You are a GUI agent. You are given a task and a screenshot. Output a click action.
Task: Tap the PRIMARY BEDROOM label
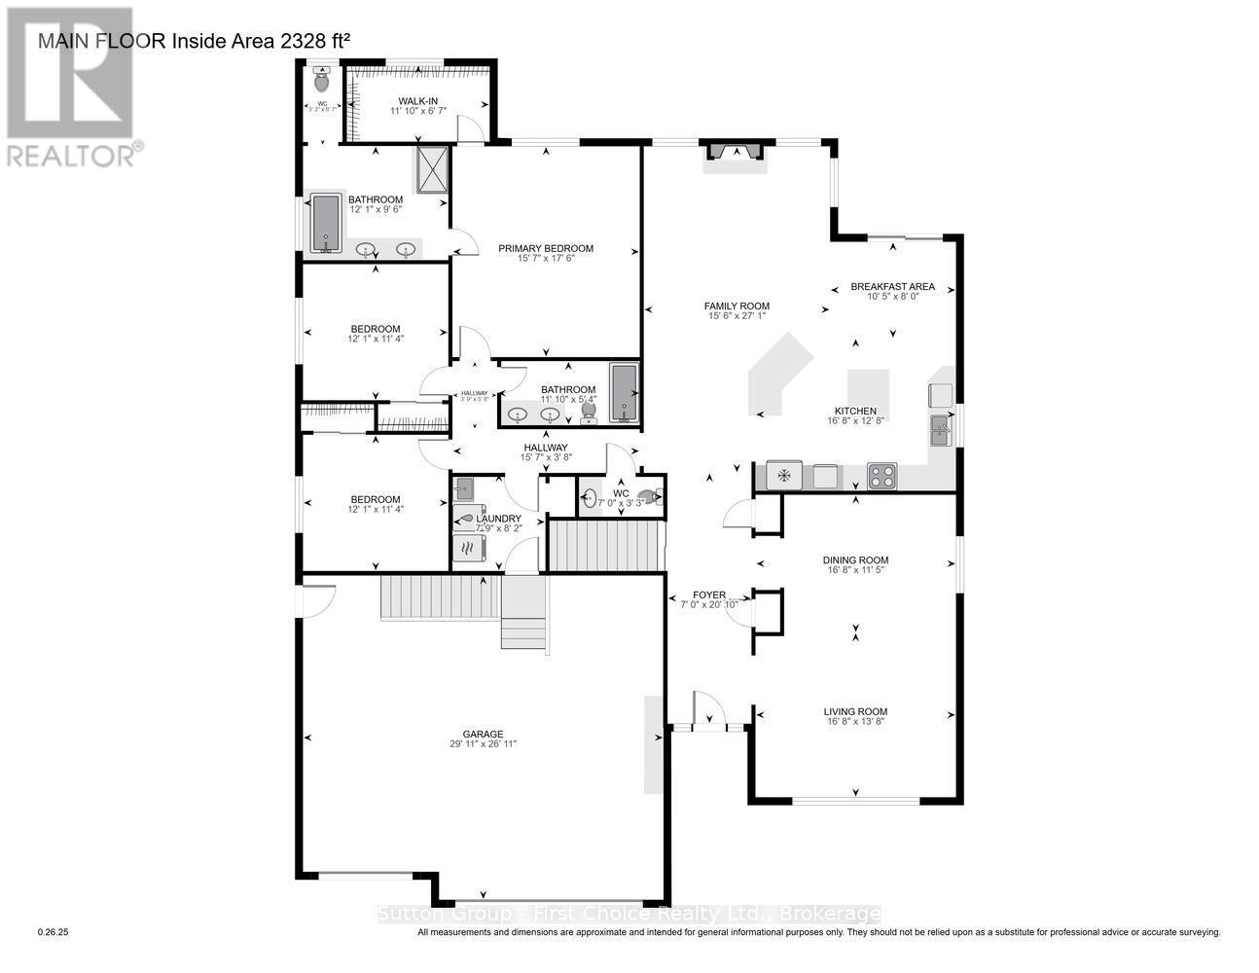tap(545, 248)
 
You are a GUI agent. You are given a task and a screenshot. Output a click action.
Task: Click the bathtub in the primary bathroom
tap(325, 223)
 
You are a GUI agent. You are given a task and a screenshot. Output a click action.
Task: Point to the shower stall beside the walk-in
tap(432, 170)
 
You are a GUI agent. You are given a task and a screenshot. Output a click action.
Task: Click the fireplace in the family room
tap(735, 153)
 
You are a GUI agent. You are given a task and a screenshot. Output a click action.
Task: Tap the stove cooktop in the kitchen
tap(881, 476)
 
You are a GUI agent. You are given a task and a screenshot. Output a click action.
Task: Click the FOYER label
tap(708, 594)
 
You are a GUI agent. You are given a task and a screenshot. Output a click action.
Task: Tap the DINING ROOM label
tap(855, 559)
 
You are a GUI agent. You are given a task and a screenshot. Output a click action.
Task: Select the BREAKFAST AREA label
tap(891, 286)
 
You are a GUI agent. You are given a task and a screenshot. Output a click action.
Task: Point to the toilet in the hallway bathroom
tap(588, 413)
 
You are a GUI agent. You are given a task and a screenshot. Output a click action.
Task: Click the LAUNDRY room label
tap(497, 518)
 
